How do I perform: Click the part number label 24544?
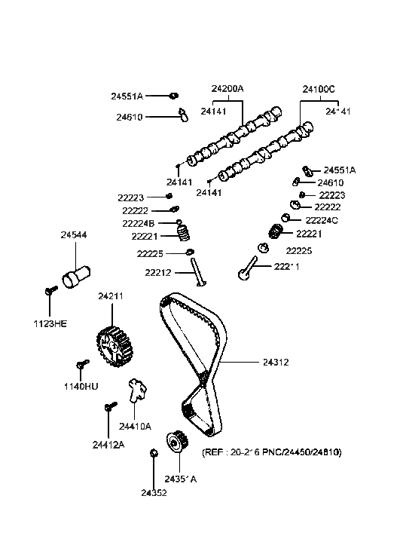[x=73, y=235]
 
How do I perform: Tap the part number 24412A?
[x=108, y=445]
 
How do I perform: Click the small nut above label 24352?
[x=153, y=453]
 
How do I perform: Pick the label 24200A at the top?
[x=227, y=88]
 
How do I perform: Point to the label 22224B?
[x=139, y=223]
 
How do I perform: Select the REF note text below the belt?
[x=271, y=452]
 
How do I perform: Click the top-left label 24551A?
[x=127, y=96]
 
